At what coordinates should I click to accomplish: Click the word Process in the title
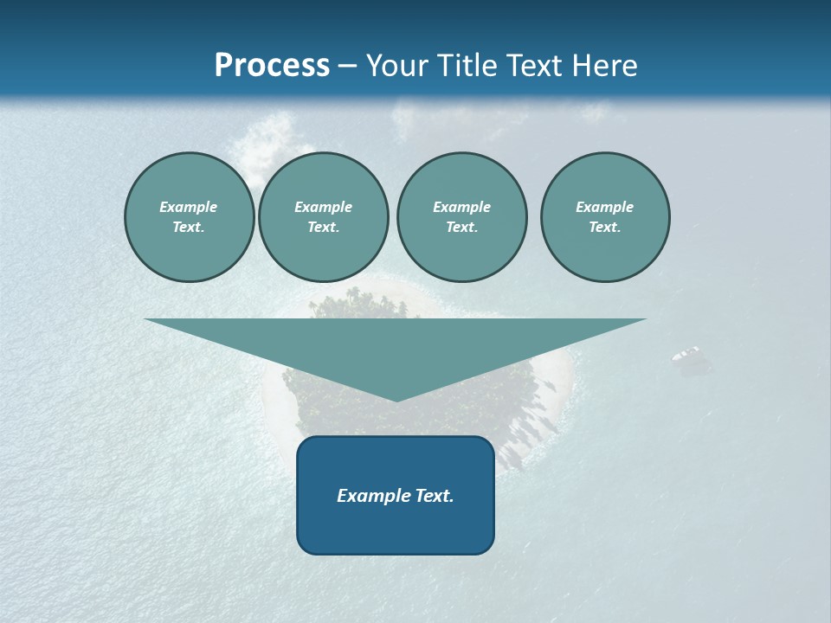[x=272, y=66]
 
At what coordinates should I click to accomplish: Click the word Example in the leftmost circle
[x=189, y=207]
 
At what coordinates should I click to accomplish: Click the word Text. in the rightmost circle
[x=605, y=227]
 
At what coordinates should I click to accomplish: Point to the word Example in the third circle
[x=461, y=207]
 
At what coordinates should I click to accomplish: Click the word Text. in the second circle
[x=324, y=227]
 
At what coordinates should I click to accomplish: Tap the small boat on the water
[x=686, y=353]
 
